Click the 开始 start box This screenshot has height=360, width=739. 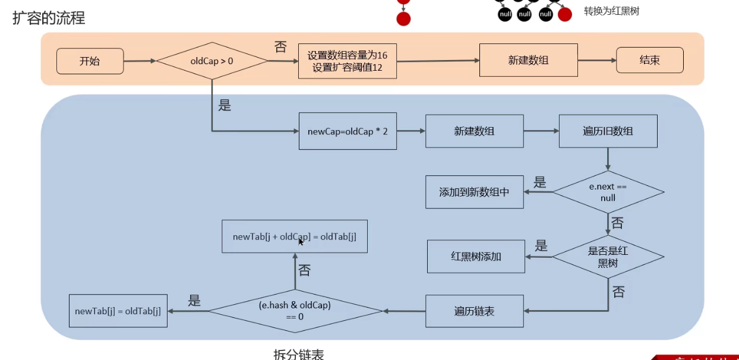[90, 61]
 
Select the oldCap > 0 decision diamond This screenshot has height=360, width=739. [211, 61]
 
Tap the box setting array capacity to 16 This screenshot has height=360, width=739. [347, 61]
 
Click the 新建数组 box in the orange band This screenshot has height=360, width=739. [528, 60]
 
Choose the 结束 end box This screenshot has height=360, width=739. [649, 61]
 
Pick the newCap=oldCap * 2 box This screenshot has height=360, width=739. [347, 131]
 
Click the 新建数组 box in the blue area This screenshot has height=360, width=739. [474, 131]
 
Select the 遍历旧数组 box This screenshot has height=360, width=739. [608, 131]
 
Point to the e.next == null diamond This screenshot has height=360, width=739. [608, 192]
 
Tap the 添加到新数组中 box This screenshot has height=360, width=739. [474, 192]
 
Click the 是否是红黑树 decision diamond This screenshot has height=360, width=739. [608, 257]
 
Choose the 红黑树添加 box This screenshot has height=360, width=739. [476, 257]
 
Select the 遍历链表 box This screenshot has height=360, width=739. [474, 311]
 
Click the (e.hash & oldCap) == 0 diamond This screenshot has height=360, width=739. [295, 311]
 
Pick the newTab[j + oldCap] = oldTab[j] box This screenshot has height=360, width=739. [294, 236]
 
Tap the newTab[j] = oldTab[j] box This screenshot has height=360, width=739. [118, 311]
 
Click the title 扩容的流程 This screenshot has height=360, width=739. [49, 18]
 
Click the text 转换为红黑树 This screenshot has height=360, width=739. [611, 11]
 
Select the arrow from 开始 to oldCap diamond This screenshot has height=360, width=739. [139, 61]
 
